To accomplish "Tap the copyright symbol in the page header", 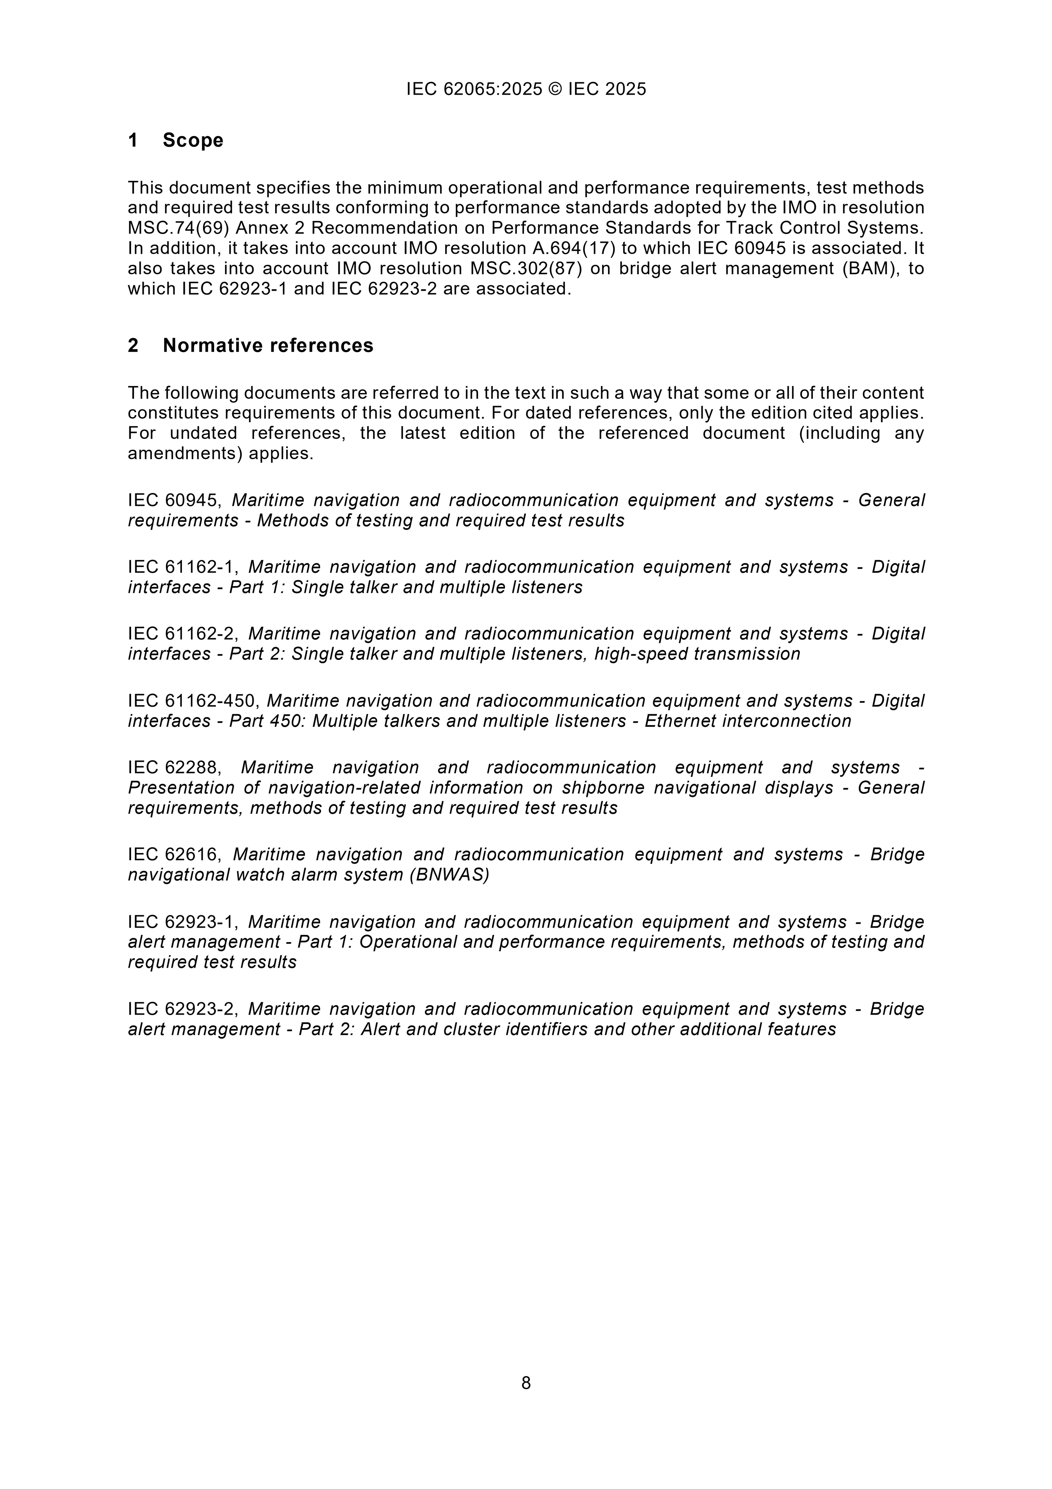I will pyautogui.click(x=555, y=89).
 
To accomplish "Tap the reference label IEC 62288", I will pyautogui.click(x=173, y=767).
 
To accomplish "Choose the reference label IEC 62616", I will pyautogui.click(x=173, y=854).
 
